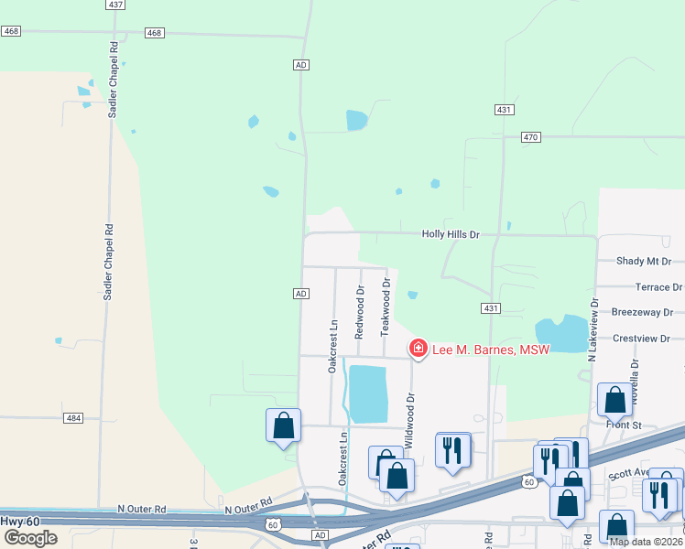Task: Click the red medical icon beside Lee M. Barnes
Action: point(418,348)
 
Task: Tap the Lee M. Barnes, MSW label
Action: point(490,349)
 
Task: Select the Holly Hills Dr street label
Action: point(451,234)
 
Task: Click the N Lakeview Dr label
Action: point(593,328)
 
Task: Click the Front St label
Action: point(624,425)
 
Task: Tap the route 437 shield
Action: point(114,5)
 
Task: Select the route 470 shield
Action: point(531,137)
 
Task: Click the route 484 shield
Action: point(74,418)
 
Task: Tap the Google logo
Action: point(30,537)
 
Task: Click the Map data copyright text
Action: point(645,542)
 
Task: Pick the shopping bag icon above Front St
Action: point(614,399)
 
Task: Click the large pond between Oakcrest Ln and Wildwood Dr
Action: point(369,393)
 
